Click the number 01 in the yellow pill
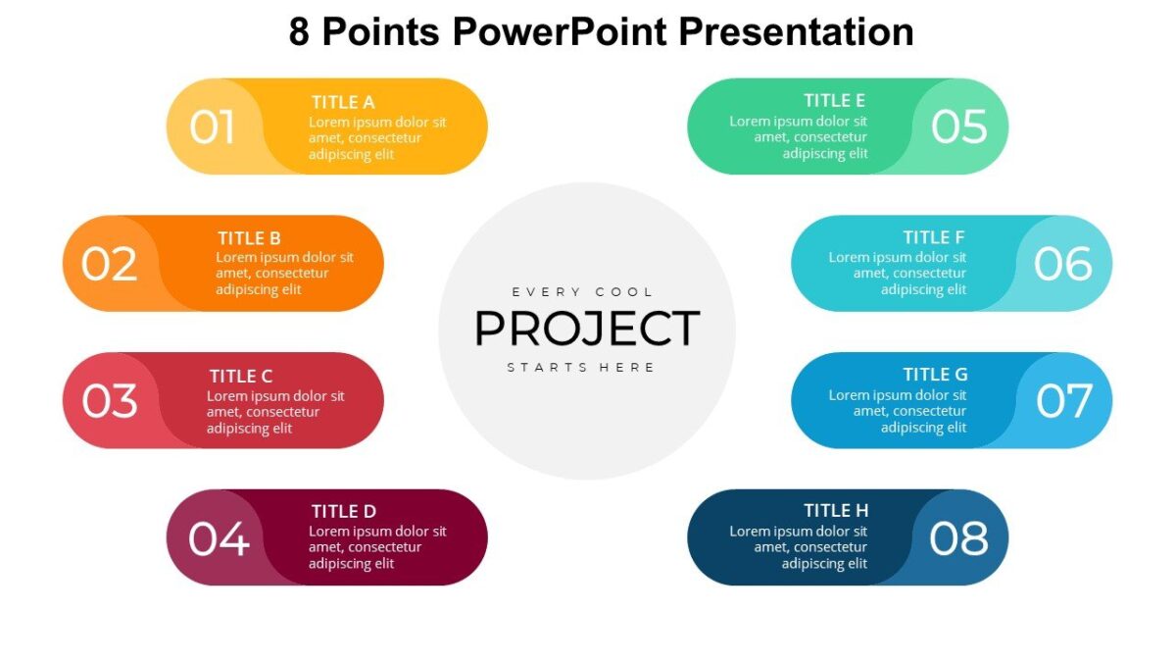213,127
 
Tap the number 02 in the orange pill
109,265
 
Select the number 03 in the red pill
109,401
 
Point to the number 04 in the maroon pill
219,538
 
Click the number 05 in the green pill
958,127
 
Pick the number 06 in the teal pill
1062,265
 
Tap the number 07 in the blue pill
1063,401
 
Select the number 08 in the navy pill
958,538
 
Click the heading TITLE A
343,102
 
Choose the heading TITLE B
249,238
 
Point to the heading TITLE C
240,377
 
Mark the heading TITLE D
343,511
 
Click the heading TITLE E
834,101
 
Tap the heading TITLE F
934,237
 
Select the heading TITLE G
935,375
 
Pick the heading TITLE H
836,511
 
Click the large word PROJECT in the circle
587,330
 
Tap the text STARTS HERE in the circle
581,368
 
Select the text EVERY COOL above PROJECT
582,292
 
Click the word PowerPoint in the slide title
562,32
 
